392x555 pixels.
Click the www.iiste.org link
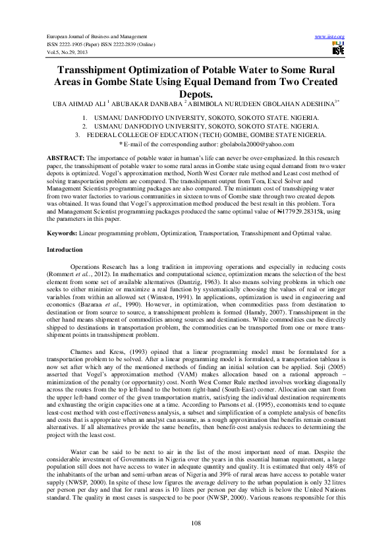tap(331, 36)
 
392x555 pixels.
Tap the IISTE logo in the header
tap(338, 49)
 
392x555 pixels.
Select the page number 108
tap(196, 523)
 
